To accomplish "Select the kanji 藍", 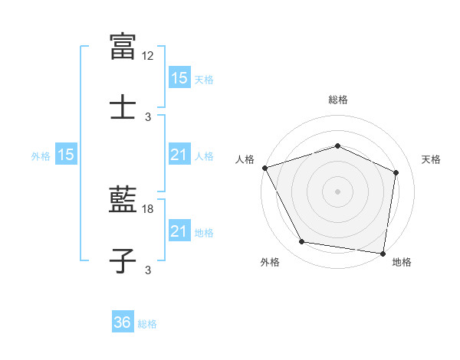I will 123,200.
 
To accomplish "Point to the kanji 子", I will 123,260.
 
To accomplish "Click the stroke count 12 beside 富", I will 148,56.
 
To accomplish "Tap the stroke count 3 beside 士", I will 148,117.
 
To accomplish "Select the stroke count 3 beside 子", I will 148,270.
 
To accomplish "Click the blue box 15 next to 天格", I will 179,78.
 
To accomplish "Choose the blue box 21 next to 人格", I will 179,155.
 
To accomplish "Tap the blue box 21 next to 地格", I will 179,231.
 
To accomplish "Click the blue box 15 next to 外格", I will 66,155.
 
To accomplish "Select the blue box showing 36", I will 123,322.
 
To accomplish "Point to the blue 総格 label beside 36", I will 147,324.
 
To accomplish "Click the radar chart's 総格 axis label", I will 337,100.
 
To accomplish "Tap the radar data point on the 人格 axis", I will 264,167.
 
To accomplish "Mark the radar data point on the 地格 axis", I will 383,253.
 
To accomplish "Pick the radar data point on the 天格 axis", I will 396,172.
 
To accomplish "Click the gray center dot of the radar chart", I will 337,191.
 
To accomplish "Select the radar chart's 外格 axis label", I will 270,263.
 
